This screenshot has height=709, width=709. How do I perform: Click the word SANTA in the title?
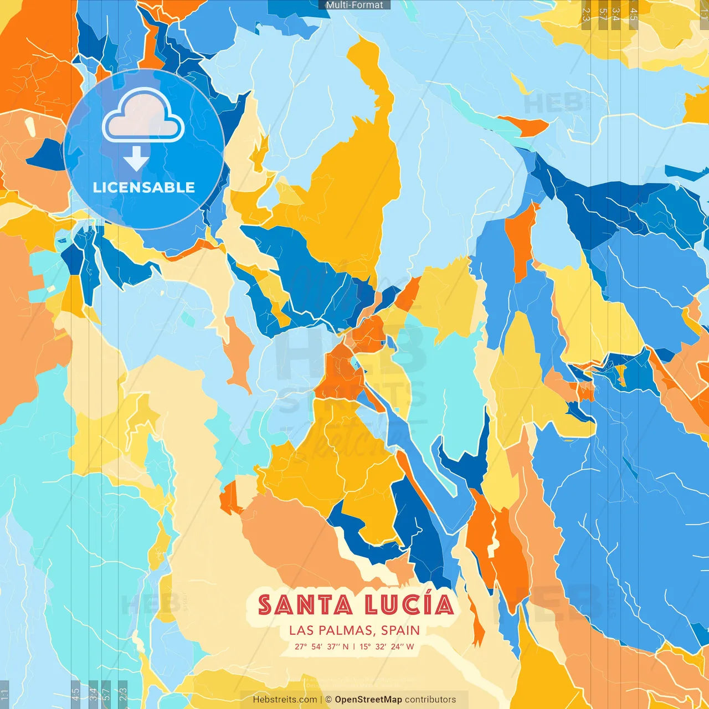305,605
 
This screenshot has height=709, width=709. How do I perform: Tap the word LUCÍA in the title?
409,605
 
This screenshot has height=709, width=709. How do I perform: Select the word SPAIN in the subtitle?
400,630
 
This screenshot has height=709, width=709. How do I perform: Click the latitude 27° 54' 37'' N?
321,646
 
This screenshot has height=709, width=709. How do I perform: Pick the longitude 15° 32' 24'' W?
387,646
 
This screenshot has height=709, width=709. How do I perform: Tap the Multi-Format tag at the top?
354,5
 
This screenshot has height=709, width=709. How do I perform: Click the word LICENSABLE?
144,187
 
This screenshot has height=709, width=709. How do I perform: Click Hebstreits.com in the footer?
285,700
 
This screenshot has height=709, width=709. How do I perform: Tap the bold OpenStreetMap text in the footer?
368,700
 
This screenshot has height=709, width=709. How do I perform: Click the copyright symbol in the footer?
328,700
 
